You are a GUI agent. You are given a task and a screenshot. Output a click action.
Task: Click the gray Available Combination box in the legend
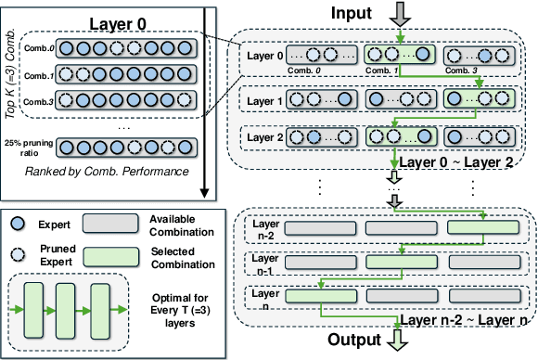(x=112, y=224)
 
